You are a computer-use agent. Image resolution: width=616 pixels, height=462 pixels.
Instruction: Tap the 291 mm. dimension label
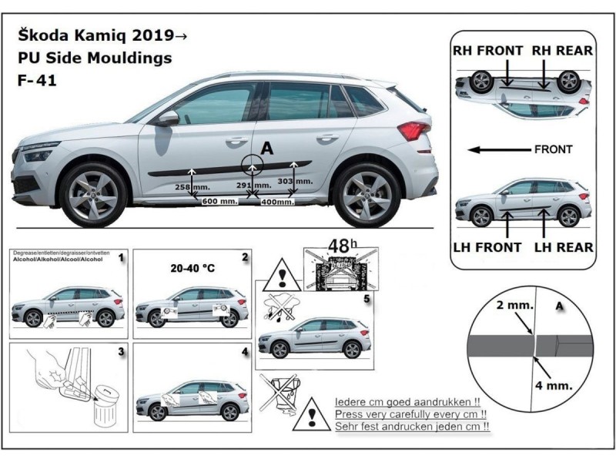(x=253, y=186)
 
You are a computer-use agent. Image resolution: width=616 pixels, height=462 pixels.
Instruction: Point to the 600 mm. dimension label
(x=219, y=201)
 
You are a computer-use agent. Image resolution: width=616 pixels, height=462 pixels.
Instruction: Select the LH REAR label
(x=564, y=247)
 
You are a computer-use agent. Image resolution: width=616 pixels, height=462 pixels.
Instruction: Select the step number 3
(x=121, y=353)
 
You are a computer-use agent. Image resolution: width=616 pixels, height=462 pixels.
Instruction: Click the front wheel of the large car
(x=95, y=192)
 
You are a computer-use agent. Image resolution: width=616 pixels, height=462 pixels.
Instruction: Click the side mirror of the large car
(x=167, y=119)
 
